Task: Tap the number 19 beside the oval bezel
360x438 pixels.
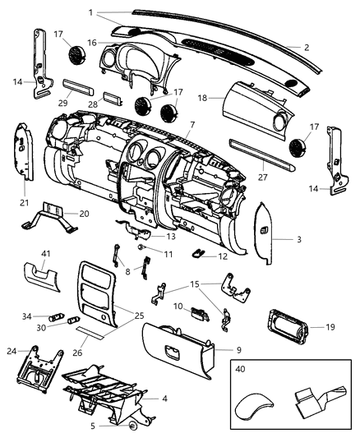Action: click(330, 326)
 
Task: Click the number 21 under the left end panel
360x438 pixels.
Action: click(23, 203)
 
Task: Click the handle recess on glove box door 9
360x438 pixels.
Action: click(173, 352)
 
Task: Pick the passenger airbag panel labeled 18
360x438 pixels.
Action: click(247, 104)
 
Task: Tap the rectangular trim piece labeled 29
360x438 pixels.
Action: click(77, 89)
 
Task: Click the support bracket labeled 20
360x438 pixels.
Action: click(56, 219)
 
